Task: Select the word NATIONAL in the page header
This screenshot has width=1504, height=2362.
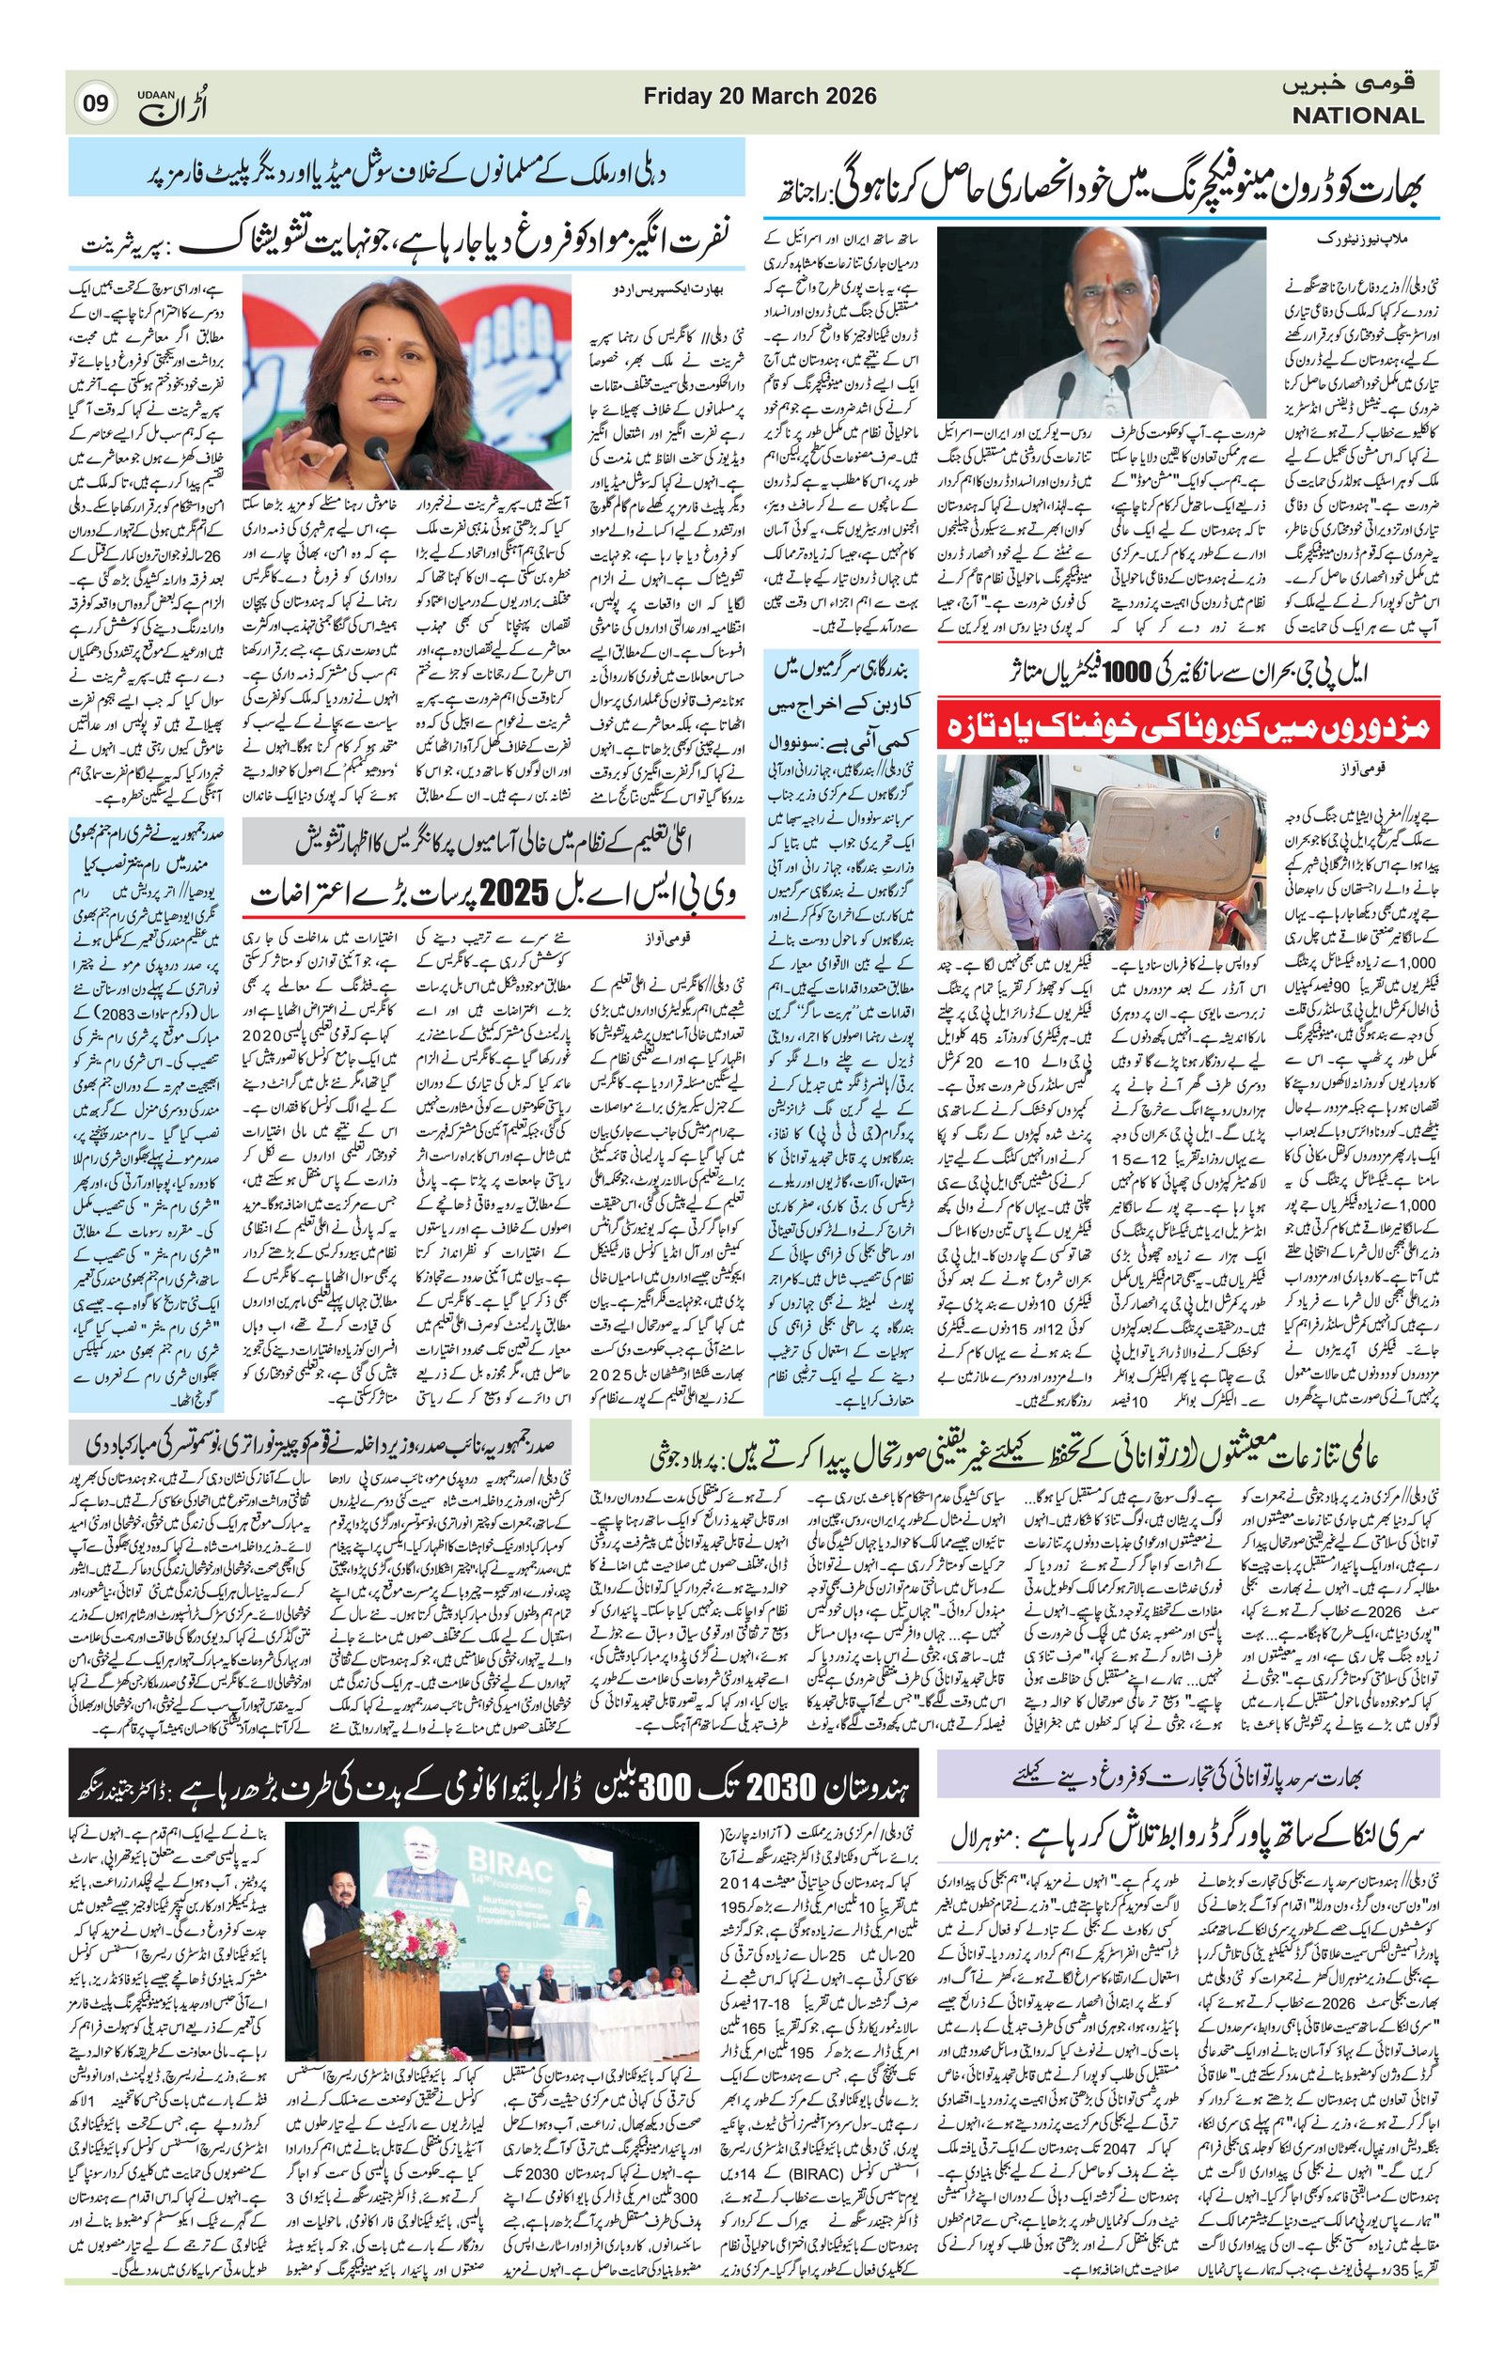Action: (1356, 116)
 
